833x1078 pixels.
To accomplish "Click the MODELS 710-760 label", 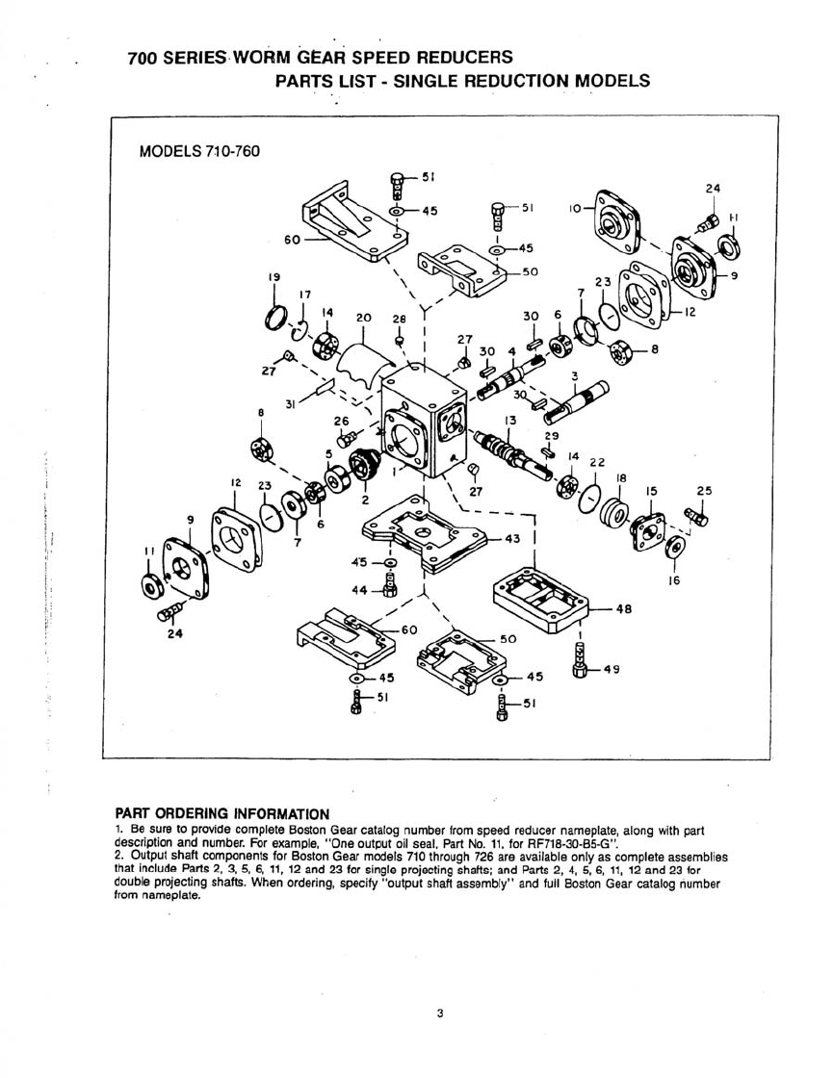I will tap(199, 152).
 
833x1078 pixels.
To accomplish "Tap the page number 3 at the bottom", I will tap(439, 1012).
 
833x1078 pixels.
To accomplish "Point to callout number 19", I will tap(274, 276).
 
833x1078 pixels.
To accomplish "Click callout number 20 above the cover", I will tap(363, 317).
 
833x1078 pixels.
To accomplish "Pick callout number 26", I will tap(341, 421).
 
